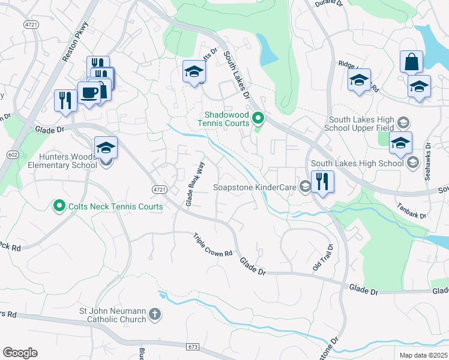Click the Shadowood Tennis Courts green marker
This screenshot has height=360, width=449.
(258, 118)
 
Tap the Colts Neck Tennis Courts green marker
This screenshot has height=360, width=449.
(59, 207)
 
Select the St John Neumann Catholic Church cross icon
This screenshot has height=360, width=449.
(155, 314)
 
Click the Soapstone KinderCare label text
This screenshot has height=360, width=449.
(255, 188)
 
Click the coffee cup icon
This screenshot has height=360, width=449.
(89, 94)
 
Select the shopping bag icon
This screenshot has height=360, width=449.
(411, 62)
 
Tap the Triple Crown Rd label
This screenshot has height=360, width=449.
(212, 246)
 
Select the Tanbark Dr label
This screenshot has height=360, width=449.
(411, 211)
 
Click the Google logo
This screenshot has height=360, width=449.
(20, 353)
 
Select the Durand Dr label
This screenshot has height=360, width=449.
(328, 4)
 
